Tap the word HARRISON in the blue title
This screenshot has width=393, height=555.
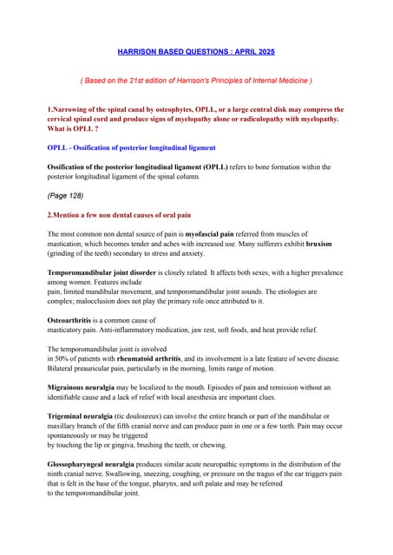tap(139, 52)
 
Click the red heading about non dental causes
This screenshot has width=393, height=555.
tap(119, 214)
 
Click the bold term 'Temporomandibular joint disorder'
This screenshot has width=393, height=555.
tap(106, 272)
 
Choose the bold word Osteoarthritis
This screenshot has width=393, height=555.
tap(72, 321)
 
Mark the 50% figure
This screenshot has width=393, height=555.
tap(60, 359)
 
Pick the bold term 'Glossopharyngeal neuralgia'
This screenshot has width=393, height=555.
tap(96, 465)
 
